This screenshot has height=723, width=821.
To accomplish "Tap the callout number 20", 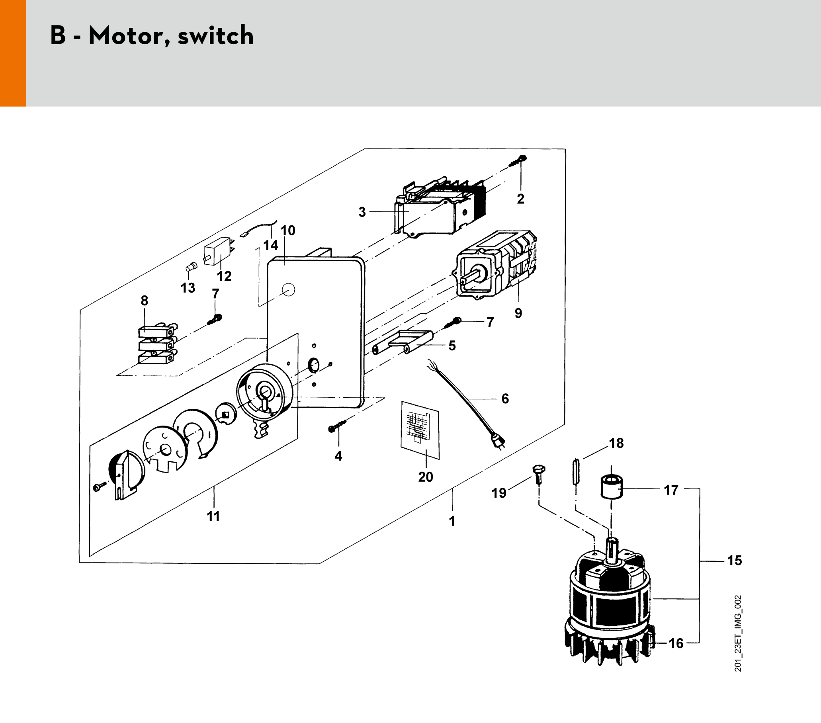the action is point(425,477).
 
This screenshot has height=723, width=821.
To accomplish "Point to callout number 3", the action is point(362,212).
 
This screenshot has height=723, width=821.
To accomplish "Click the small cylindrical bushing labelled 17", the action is point(611,487).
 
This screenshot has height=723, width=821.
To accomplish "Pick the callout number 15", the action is point(734,560).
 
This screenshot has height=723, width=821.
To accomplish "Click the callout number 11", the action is point(213,516).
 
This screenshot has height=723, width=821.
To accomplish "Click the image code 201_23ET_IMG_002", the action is point(738,633).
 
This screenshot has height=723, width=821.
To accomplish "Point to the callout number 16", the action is point(676,643).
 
